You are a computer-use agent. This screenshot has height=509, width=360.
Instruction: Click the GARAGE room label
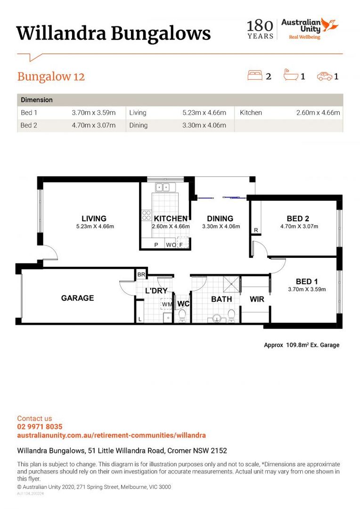click(x=78, y=298)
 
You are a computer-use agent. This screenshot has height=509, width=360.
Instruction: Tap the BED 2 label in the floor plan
click(x=298, y=219)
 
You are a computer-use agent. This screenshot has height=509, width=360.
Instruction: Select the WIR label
click(x=257, y=299)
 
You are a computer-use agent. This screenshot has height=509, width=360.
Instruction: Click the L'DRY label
click(x=156, y=290)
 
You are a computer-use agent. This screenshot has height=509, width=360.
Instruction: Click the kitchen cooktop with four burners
click(x=147, y=215)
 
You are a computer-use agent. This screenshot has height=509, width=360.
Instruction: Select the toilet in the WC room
click(x=182, y=315)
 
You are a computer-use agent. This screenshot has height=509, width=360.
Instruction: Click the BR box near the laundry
click(x=141, y=274)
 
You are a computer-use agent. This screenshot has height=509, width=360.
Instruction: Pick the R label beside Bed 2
click(x=256, y=230)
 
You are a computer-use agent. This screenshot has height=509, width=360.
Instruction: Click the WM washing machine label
click(x=167, y=304)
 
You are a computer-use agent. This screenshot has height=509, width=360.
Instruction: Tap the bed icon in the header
click(x=255, y=75)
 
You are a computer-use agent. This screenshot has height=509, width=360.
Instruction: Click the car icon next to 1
click(x=325, y=76)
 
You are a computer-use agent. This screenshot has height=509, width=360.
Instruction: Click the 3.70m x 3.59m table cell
click(x=94, y=113)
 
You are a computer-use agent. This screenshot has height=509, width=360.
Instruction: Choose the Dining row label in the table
click(x=138, y=125)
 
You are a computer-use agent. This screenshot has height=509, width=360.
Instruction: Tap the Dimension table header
click(x=37, y=100)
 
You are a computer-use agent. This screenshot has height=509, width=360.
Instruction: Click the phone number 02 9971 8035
click(x=40, y=427)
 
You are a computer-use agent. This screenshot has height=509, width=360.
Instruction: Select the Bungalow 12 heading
click(x=51, y=77)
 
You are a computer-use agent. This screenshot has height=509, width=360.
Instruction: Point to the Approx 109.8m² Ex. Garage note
click(x=302, y=345)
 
